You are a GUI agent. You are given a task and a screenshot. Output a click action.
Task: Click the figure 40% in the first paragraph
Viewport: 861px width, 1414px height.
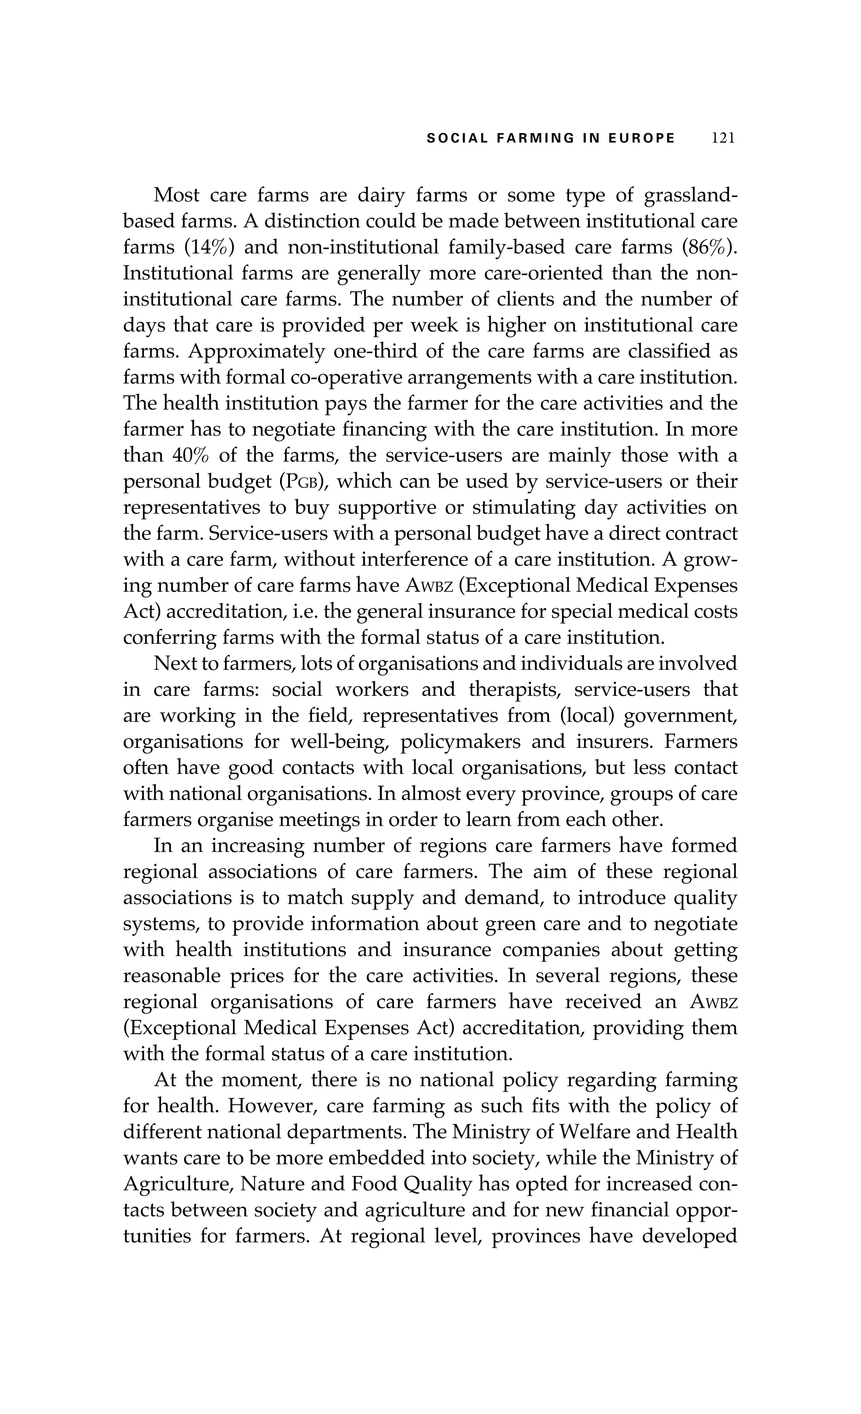point(190,456)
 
